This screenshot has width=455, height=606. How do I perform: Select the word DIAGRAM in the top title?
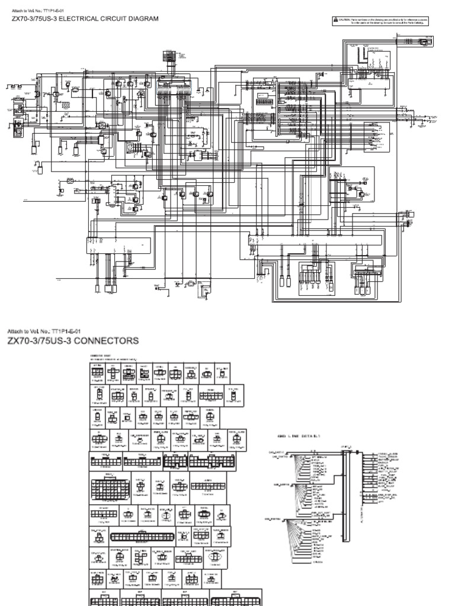(x=142, y=18)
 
